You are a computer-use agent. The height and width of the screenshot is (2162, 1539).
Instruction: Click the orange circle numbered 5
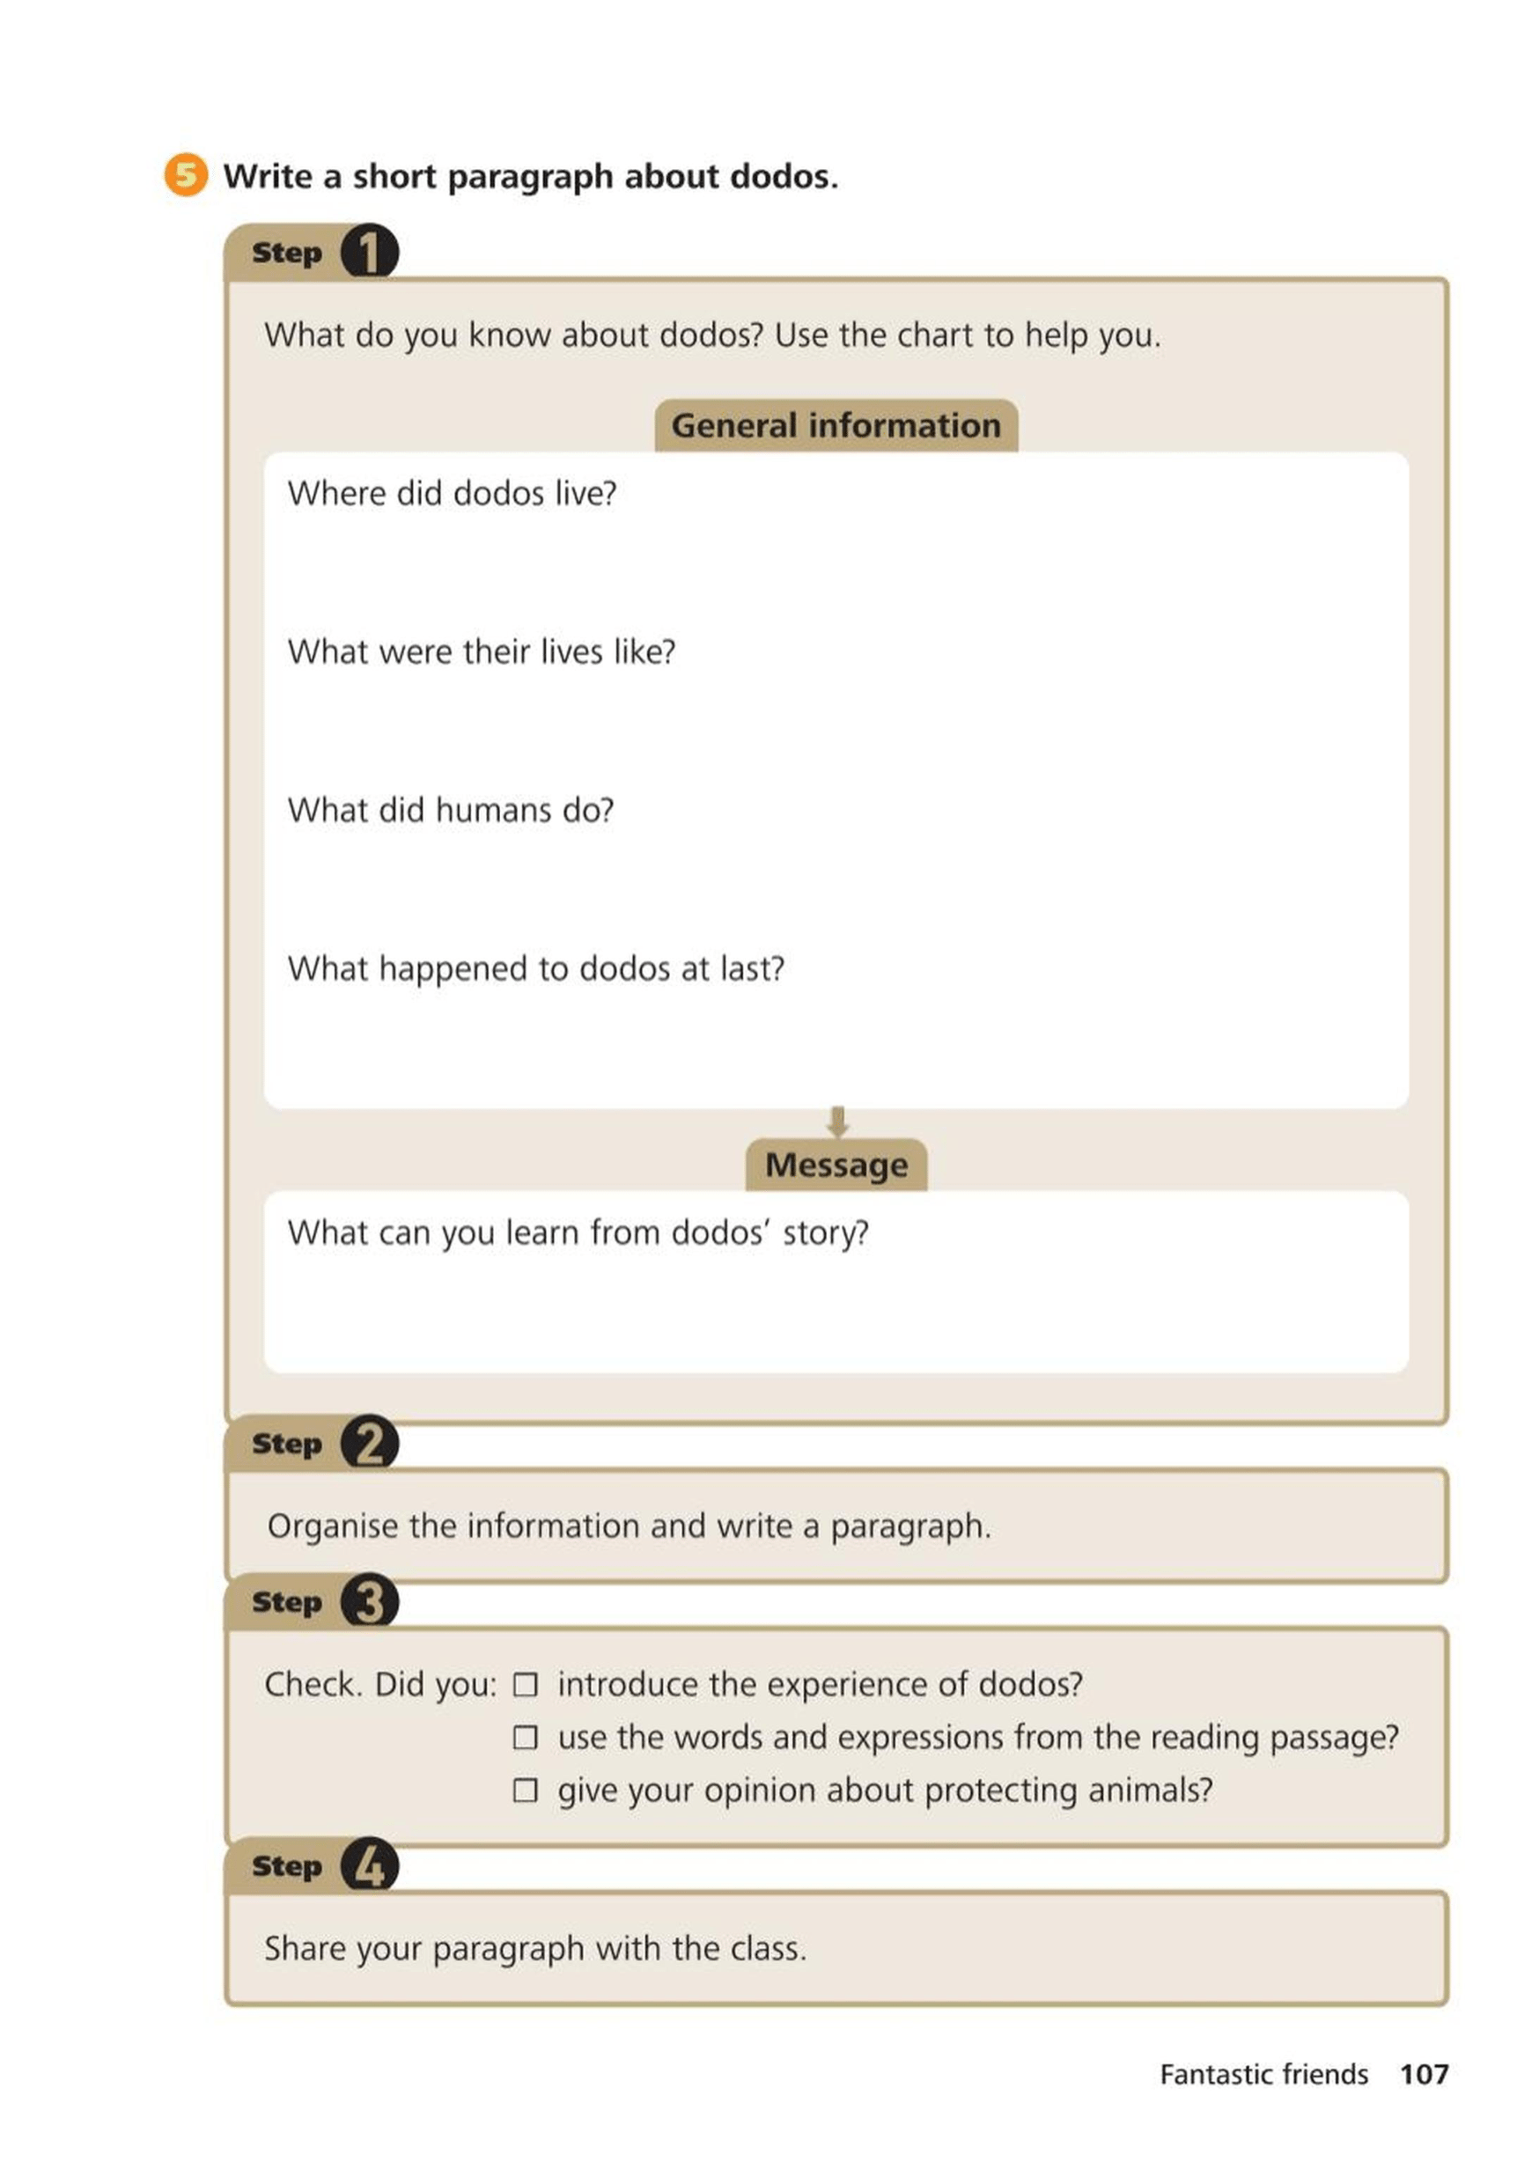tap(186, 175)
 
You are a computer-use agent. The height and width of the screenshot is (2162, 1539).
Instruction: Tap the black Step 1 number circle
tap(369, 252)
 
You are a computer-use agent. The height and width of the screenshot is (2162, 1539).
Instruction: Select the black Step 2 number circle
tap(369, 1443)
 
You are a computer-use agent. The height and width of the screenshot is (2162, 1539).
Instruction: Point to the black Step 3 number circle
tap(369, 1601)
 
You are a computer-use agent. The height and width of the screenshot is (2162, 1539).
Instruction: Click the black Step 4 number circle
tap(369, 1865)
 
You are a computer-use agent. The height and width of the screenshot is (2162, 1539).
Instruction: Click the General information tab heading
tap(836, 425)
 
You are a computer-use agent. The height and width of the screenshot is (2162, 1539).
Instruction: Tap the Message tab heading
tap(836, 1165)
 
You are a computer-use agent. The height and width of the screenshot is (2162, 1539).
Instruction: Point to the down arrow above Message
tap(836, 1121)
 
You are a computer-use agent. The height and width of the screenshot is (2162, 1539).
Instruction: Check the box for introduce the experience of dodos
tap(525, 1685)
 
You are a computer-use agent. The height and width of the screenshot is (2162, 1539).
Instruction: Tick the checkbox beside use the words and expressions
tap(525, 1738)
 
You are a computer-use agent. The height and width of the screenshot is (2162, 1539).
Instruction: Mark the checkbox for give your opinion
tap(525, 1790)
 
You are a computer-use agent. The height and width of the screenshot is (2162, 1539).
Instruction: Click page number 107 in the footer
tap(1424, 2074)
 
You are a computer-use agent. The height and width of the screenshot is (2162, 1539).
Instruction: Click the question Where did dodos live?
tap(452, 494)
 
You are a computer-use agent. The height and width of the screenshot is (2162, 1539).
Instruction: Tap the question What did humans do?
tap(451, 811)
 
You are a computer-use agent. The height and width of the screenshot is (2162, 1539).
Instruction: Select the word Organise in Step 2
tap(332, 1526)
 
